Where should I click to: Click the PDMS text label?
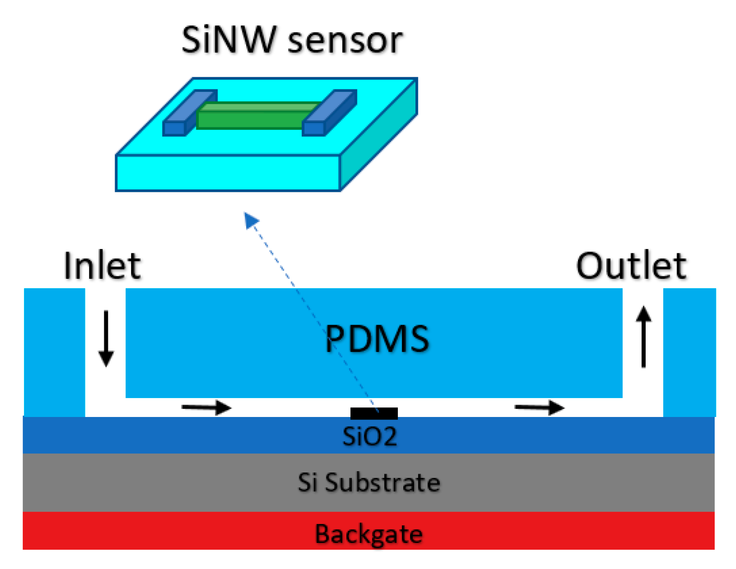click(x=377, y=338)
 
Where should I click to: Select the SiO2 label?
click(x=369, y=436)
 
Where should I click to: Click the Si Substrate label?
click(x=369, y=482)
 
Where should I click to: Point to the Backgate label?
click(x=369, y=534)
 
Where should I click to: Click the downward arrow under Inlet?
click(x=106, y=338)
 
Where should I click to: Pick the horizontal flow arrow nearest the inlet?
click(x=206, y=407)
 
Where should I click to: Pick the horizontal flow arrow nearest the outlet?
click(x=539, y=407)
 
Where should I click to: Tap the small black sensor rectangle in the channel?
click(x=374, y=413)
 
